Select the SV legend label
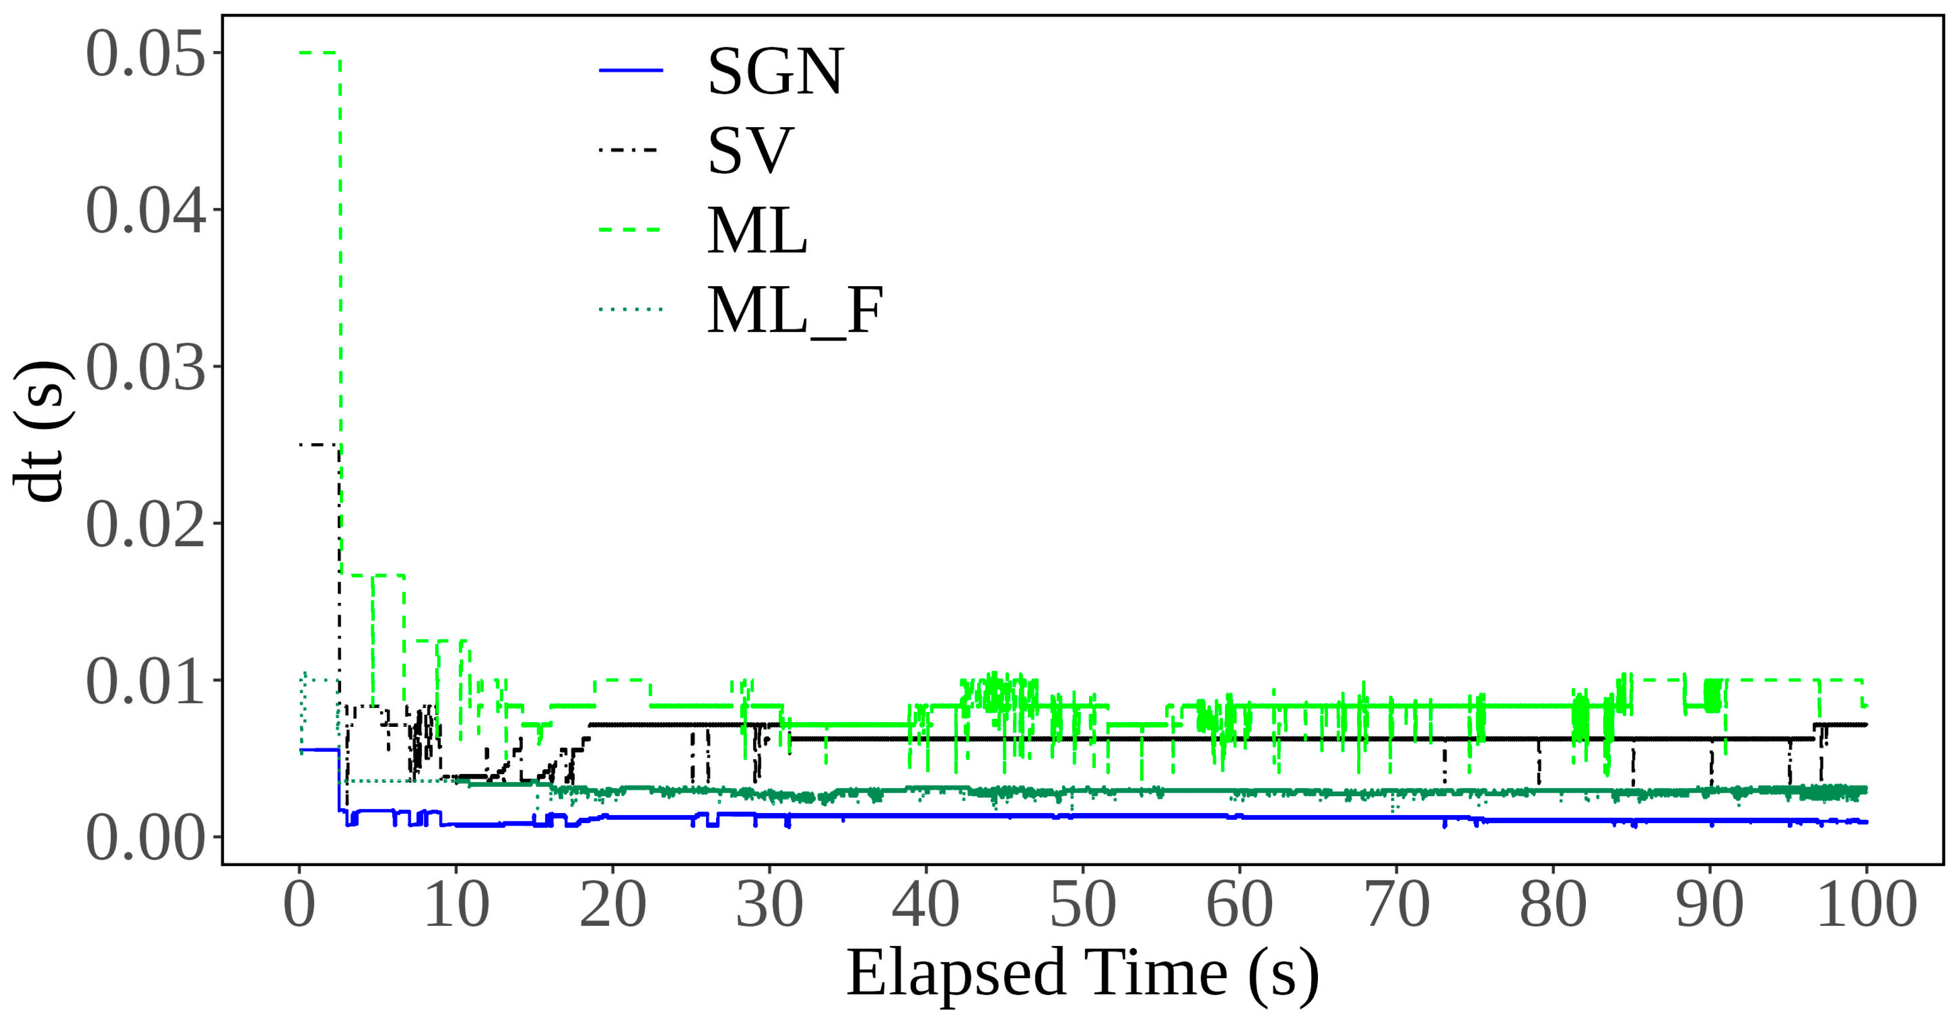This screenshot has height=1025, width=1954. (749, 151)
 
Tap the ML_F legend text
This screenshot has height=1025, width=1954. (794, 310)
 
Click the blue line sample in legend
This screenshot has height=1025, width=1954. (631, 70)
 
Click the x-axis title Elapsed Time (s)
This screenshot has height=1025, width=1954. (1082, 975)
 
